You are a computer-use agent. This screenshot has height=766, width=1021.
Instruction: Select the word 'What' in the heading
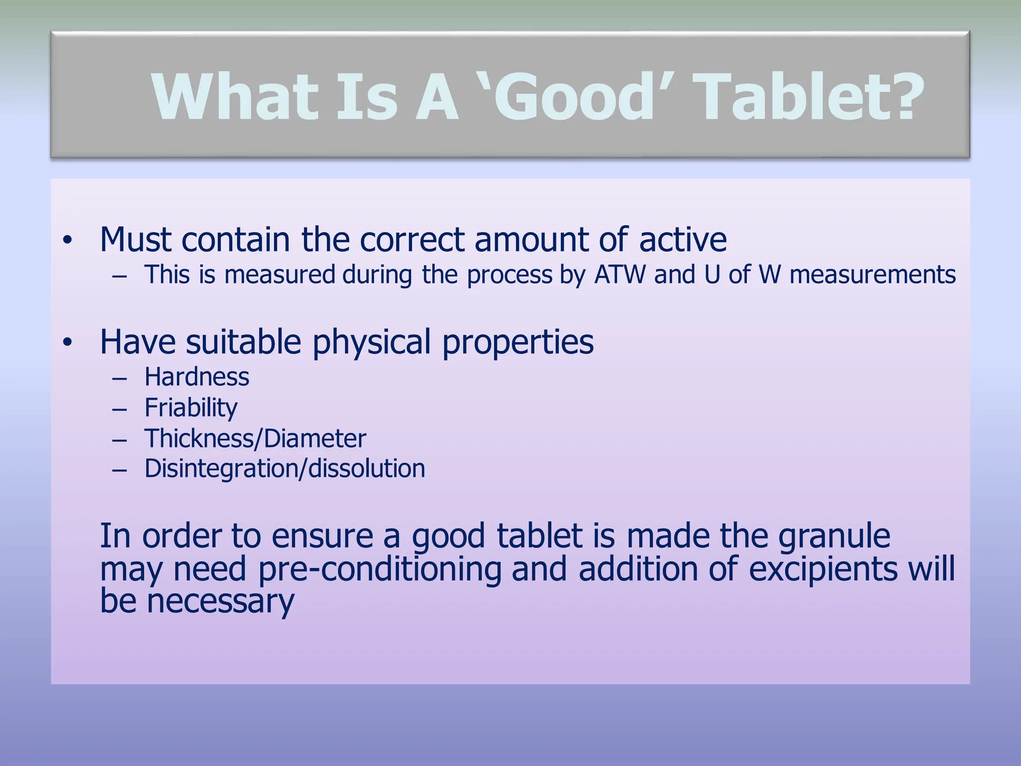pos(234,97)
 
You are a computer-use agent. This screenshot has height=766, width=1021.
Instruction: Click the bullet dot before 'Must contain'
pos(68,241)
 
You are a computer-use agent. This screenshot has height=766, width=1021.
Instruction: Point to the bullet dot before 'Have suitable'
pos(68,343)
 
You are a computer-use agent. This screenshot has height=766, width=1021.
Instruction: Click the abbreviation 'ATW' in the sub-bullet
pos(620,275)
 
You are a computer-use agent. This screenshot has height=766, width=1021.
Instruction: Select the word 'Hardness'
pos(196,377)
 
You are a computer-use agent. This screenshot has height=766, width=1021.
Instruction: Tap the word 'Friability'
pos(191,408)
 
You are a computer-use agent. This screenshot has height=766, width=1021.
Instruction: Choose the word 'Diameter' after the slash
pos(315,439)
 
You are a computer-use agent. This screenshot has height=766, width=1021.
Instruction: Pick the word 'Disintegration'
pos(220,469)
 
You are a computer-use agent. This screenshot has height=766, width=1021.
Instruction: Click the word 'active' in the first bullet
pos(682,240)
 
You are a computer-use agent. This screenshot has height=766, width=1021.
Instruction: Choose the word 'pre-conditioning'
pos(380,569)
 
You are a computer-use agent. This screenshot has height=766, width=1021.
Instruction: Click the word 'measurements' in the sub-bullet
pos(872,275)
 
